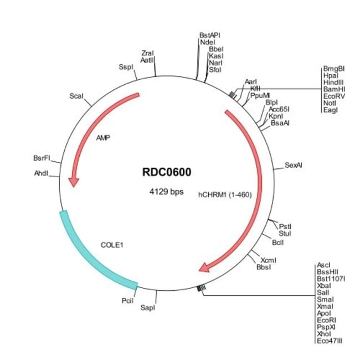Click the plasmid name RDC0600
tap(167, 172)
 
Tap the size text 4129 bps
tap(167, 192)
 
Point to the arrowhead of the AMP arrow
tap(74, 182)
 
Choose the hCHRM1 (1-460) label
tap(225, 195)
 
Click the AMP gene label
tap(103, 138)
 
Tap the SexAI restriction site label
tap(293, 165)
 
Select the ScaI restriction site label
tap(76, 96)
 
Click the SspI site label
tap(126, 67)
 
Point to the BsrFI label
tap(42, 158)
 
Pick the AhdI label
tap(41, 173)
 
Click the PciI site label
tap(127, 301)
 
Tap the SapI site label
tap(148, 307)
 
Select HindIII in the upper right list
tap(333, 83)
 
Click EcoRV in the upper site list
tap(334, 96)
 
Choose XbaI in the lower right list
tap(324, 286)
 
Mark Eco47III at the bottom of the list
tap(330, 341)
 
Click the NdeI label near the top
tap(208, 42)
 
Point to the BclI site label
tap(278, 243)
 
